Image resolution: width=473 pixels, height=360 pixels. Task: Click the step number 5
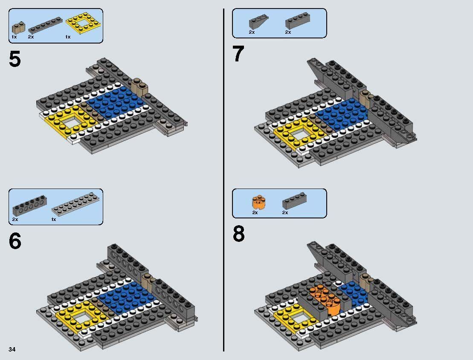point(15,59)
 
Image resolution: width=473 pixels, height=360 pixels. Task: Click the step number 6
point(15,241)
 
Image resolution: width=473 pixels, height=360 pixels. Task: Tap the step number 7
point(238,54)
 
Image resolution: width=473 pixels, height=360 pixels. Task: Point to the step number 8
point(239,234)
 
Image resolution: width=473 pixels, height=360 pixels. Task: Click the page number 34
point(12,350)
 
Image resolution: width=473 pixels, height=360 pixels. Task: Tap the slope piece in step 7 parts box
point(258,22)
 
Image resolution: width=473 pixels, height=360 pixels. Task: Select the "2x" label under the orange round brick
point(255,212)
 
